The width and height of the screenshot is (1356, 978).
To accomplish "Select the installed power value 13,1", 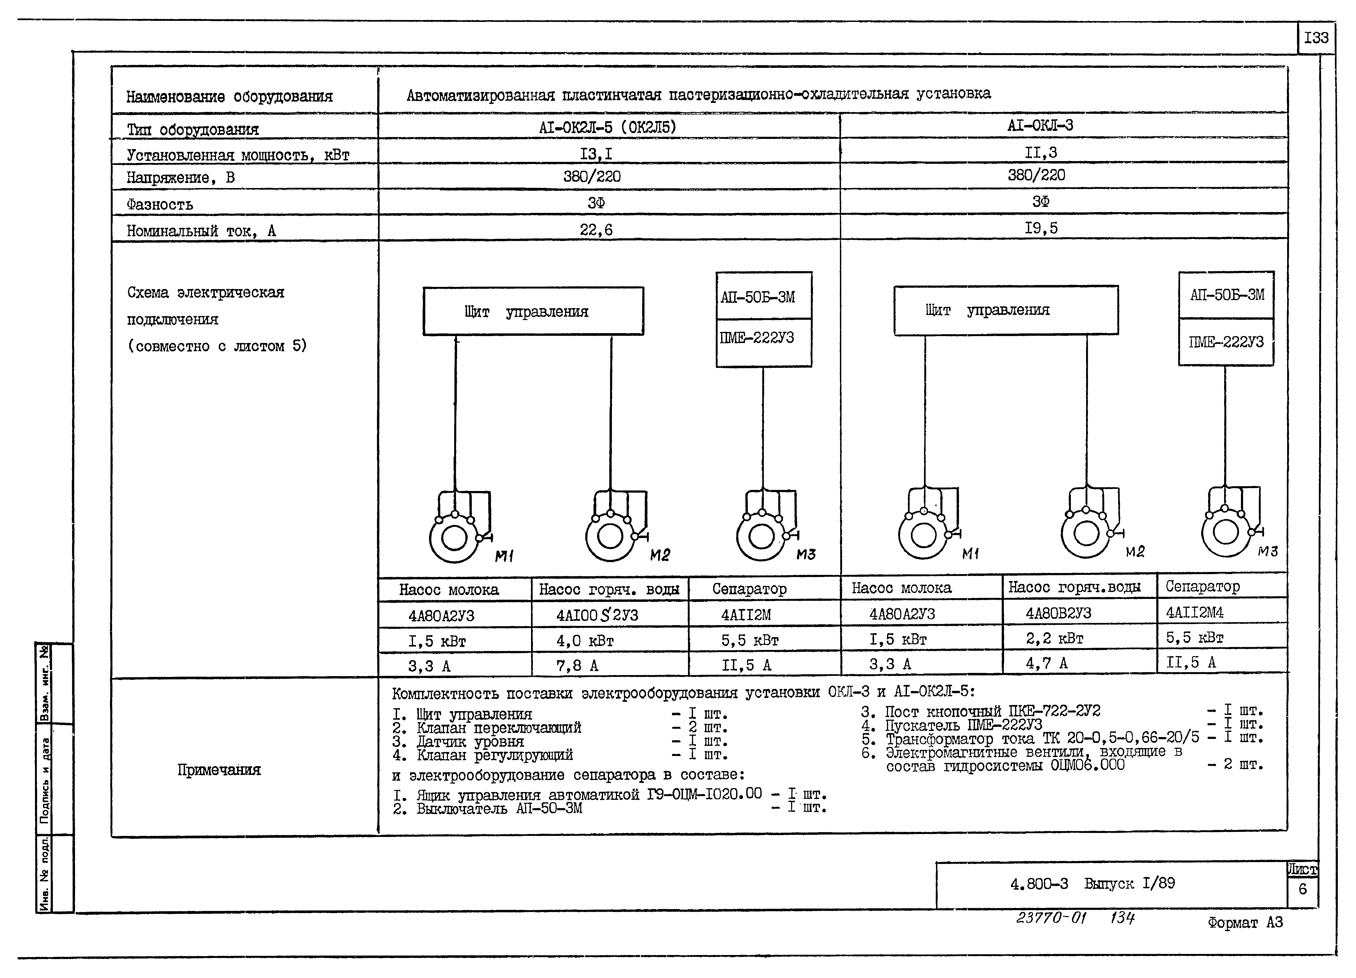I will pyautogui.click(x=596, y=154).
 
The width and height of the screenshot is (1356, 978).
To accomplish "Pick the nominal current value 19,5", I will pyautogui.click(x=1041, y=228).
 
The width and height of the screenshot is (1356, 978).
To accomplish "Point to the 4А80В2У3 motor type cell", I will pyautogui.click(x=1058, y=613).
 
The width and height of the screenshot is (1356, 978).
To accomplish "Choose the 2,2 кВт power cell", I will pyautogui.click(x=1055, y=639).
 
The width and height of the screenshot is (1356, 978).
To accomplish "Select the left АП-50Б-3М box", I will pyautogui.click(x=764, y=296).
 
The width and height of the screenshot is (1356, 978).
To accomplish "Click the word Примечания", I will pyautogui.click(x=219, y=770).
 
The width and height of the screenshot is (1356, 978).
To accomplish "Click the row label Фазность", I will pyautogui.click(x=160, y=205).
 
